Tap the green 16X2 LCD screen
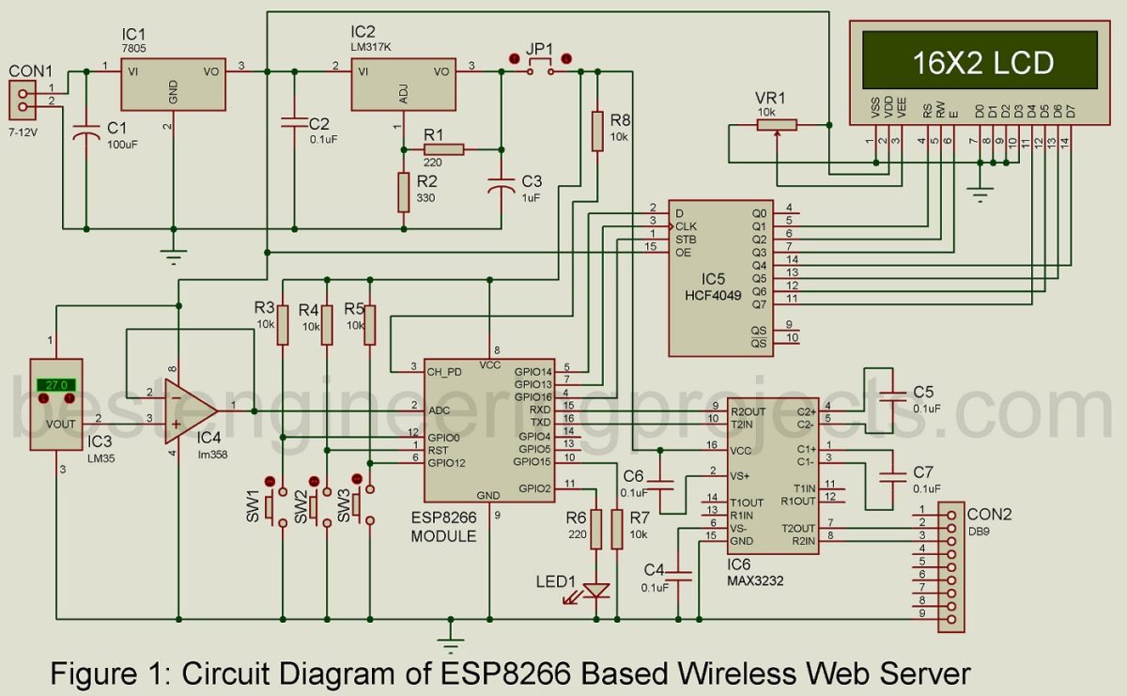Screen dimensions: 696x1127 982,63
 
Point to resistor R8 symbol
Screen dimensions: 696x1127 596,131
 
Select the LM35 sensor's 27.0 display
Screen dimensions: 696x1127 55,385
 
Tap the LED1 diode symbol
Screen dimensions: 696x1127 595,591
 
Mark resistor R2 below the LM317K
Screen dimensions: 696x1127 403,192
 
